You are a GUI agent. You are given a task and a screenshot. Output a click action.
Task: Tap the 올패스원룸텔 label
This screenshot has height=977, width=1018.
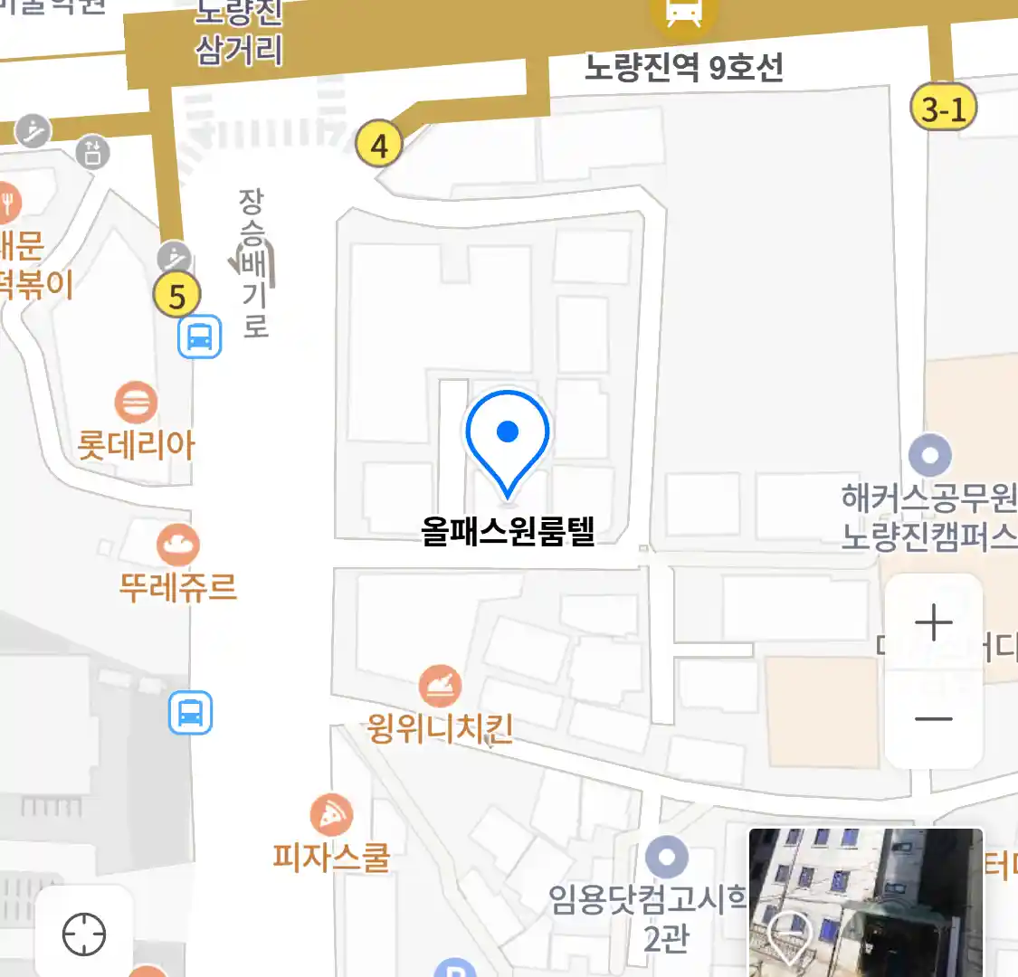coord(508,530)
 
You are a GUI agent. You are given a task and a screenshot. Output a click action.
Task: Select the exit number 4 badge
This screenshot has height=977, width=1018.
coord(378,145)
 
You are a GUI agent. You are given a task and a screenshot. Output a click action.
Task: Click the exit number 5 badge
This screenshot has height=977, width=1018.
coord(176,295)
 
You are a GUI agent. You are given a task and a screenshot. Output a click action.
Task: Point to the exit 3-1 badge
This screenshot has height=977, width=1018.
coord(943,109)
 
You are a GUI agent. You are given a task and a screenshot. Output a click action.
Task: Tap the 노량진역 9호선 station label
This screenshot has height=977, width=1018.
coord(683,68)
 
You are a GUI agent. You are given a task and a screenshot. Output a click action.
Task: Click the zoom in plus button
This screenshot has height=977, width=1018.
coord(933,622)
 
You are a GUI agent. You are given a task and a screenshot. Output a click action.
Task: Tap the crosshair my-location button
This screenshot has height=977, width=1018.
coord(84,934)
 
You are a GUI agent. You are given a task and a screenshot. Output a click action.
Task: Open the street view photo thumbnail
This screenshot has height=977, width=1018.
coord(865,902)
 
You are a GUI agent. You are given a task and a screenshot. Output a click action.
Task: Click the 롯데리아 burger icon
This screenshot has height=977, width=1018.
coord(136,403)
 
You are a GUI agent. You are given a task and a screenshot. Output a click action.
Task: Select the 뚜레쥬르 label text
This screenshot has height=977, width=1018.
coord(178,587)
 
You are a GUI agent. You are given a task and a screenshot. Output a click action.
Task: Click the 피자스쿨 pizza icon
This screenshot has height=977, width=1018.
coord(331,816)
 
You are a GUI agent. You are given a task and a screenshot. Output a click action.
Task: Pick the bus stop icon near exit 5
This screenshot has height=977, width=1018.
coord(200,337)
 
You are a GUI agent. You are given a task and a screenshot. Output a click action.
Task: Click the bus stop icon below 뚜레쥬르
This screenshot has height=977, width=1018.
coord(190,713)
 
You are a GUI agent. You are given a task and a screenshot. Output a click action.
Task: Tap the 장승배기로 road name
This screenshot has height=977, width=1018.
coord(254,263)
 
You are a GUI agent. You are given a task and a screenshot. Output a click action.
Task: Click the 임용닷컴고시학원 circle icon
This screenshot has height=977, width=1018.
coord(667,856)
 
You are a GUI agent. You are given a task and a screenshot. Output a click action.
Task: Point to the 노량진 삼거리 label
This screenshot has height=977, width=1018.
coord(239,34)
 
